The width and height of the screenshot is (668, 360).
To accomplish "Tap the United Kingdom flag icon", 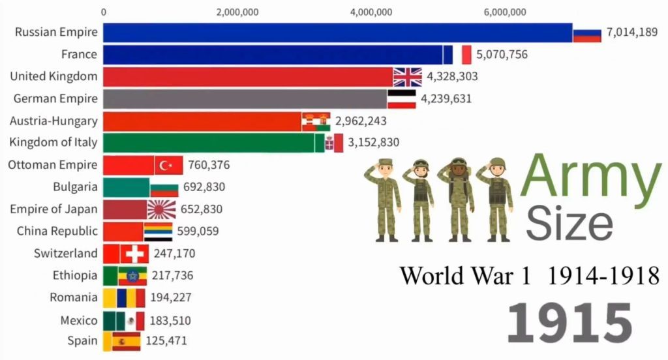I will pos(408,76).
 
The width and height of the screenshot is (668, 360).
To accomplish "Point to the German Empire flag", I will pos(402,99).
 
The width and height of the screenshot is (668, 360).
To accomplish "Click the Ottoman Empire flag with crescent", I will pos(168,165).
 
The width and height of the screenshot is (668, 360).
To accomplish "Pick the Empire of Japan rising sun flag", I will pos(161,209).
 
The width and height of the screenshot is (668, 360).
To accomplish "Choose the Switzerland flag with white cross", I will pos(134,254).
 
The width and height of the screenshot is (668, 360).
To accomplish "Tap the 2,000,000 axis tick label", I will pos(236,12).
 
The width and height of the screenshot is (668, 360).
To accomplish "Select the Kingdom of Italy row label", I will pos(53,142).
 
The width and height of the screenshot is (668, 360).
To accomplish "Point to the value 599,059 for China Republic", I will pos(198,231).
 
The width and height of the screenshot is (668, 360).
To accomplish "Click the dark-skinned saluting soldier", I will pos(459,199).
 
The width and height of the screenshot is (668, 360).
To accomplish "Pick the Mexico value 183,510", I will pos(170,320).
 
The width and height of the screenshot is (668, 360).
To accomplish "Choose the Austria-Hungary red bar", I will pos(202,121).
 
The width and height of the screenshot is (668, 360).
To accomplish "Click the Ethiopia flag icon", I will pos(132,276).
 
